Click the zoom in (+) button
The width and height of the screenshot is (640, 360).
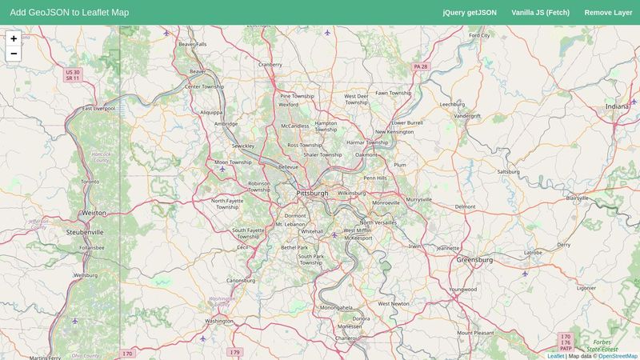point(14,38)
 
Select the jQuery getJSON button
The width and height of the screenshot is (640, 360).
point(470,13)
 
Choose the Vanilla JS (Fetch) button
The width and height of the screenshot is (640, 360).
point(540,13)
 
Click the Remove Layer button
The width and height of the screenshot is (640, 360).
point(608,13)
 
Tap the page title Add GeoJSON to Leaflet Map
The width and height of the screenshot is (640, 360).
point(70,13)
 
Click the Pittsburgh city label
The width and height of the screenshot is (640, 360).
point(312,194)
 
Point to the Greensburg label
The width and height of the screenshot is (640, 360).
point(474,260)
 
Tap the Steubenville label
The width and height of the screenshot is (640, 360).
point(85,232)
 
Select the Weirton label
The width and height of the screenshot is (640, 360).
point(94,213)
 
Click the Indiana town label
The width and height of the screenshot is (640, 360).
point(617,106)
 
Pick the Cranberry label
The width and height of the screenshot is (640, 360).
point(270,65)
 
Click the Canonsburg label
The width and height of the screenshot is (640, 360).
point(240,281)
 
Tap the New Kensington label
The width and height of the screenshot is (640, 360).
point(394,132)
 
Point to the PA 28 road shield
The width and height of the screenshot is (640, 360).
point(421,66)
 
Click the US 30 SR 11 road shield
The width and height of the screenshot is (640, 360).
point(73,75)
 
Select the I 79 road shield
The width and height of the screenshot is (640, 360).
point(234,352)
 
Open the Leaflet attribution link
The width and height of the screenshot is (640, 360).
point(555,356)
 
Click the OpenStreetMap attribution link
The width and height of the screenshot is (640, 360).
point(618,356)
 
